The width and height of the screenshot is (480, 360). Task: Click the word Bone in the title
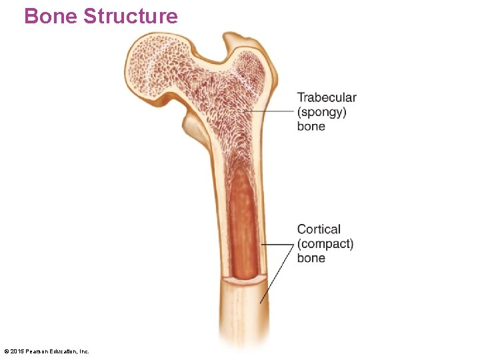(51, 16)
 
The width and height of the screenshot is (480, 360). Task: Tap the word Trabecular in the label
(327, 98)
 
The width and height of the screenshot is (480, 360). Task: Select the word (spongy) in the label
(322, 112)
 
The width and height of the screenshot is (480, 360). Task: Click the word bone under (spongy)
(311, 126)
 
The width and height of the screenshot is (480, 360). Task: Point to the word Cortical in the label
(319, 229)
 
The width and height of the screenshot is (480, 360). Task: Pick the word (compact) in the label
(325, 244)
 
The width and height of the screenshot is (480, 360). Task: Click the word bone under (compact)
(311, 258)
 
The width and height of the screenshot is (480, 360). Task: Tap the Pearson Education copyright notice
(47, 351)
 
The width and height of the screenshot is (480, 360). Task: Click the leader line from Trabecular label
(270, 110)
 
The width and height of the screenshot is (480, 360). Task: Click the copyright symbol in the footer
(6, 351)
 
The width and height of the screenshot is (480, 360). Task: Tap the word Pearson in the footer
(36, 351)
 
